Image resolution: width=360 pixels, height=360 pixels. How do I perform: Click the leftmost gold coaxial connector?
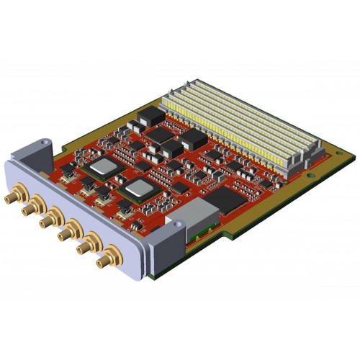[12, 195]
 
